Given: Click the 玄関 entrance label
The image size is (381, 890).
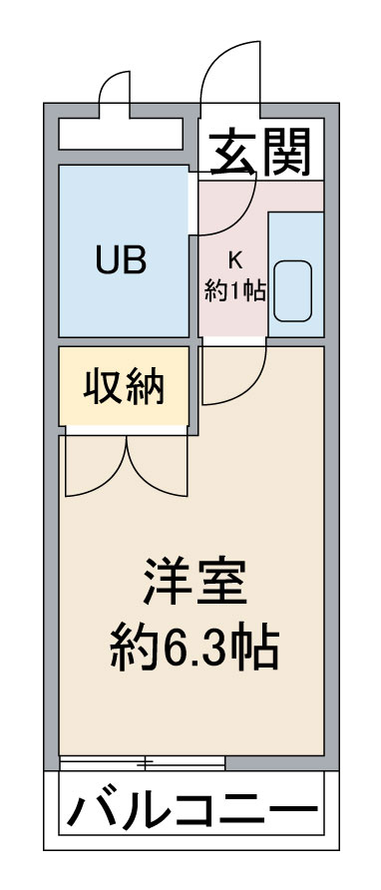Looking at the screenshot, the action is coord(260,152).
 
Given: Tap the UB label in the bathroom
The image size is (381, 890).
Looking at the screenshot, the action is coord(121,260).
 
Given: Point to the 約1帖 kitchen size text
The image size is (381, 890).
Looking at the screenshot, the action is coord(235,290).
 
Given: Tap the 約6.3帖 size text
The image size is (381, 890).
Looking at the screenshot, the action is coord(194,646).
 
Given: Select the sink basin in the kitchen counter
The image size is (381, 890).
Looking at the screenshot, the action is coord(292,290).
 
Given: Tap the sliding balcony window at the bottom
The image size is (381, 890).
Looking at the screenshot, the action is coord(142,763).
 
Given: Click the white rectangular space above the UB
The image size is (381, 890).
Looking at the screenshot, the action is coord(121,134).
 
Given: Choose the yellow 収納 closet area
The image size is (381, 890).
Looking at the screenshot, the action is coord(124,386).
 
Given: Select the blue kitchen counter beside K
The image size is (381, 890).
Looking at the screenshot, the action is coord(296,274).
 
